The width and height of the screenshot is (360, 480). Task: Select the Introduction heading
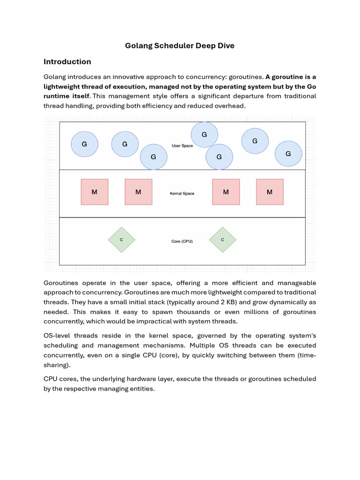tap(67, 61)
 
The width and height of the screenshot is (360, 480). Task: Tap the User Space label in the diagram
tap(182, 146)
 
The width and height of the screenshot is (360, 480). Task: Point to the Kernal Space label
tap(182, 193)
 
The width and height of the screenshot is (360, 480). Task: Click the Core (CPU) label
tap(182, 241)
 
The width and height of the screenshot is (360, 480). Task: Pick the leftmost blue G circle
tap(84, 144)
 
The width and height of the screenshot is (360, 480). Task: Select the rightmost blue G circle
tap(288, 153)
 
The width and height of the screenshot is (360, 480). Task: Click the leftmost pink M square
tap(94, 192)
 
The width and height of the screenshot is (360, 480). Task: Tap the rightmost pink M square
tap(270, 192)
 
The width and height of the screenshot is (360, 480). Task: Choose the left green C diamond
tap(121, 240)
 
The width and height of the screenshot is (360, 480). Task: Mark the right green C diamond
tap(223, 240)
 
